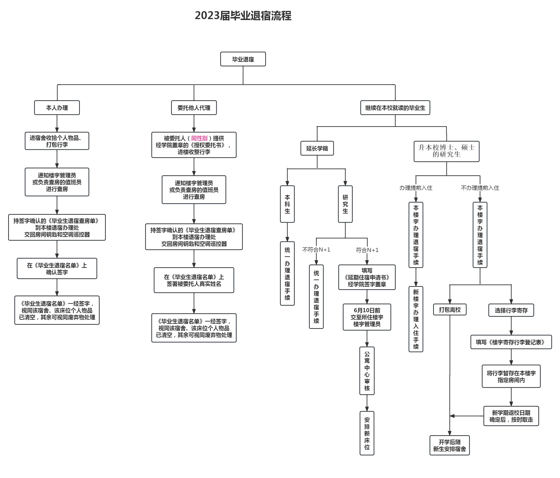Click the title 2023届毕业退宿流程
243,16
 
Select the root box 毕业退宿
243,59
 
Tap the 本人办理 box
57,108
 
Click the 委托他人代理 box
194,108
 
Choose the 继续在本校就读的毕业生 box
395,108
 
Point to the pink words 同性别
199,138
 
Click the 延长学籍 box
317,148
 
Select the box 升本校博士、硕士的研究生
447,151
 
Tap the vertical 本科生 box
287,204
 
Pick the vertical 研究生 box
345,204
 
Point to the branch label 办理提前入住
416,188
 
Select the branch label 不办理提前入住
480,188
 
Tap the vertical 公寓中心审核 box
367,371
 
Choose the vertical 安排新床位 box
367,433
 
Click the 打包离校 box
450,310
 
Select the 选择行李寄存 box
511,310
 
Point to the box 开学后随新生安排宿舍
450,445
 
